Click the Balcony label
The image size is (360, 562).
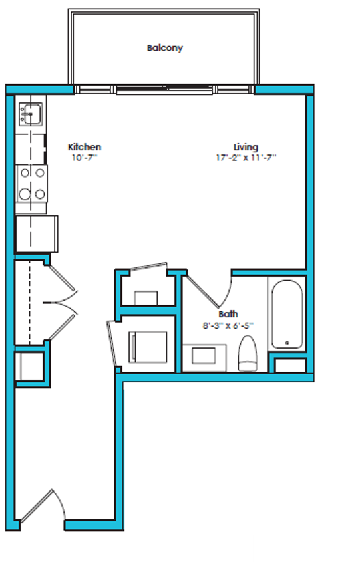(164, 48)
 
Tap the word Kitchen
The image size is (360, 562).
(85, 147)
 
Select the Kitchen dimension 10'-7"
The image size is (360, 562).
(84, 158)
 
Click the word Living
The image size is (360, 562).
(246, 147)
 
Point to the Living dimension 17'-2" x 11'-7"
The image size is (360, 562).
(246, 158)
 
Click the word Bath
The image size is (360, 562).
(228, 314)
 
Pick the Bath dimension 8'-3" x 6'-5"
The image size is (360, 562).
(228, 326)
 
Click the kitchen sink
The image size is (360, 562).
(30, 114)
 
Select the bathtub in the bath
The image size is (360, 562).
(287, 314)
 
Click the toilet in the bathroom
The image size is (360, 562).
(248, 354)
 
